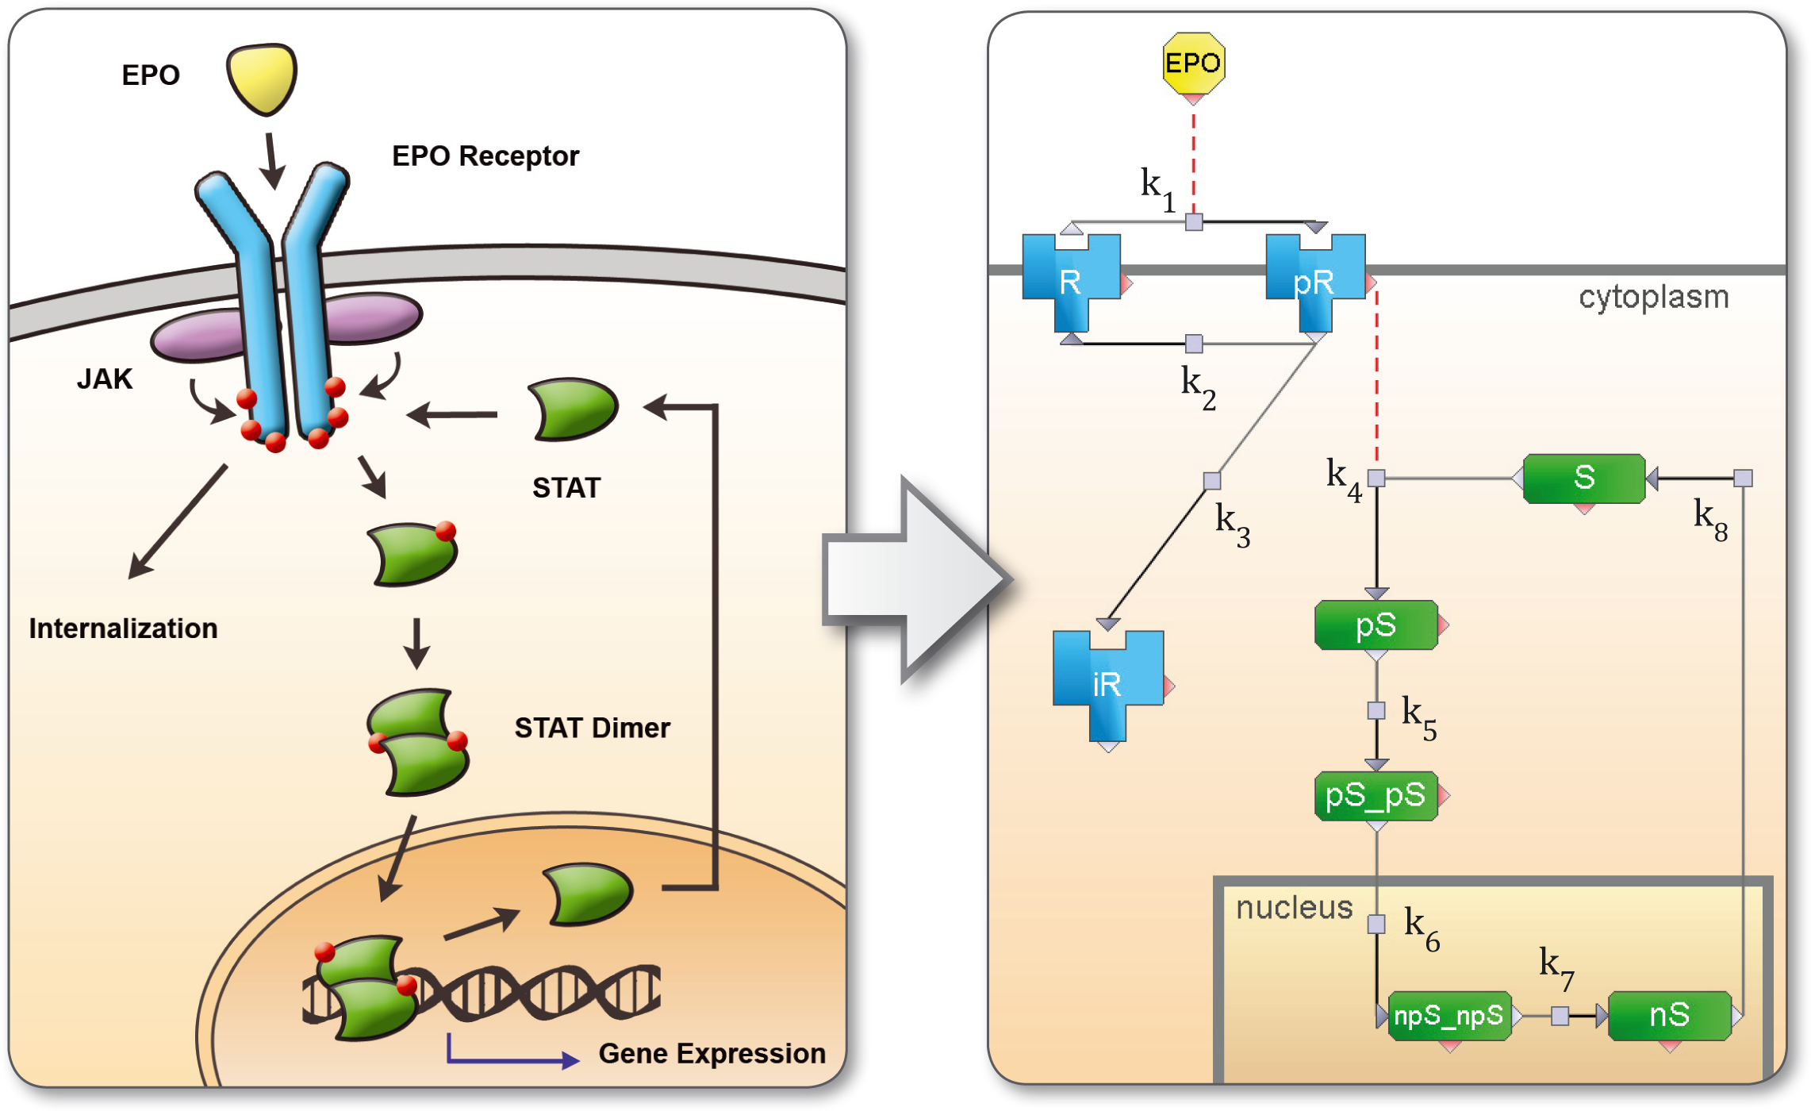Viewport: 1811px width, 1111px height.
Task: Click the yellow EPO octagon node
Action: pyautogui.click(x=1193, y=63)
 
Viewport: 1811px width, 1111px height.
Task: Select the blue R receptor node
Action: pyautogui.click(x=1071, y=281)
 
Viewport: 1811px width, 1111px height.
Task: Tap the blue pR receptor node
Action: pyautogui.click(x=1314, y=281)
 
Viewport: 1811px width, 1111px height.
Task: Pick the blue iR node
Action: pyautogui.click(x=1107, y=683)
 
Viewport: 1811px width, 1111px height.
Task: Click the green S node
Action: pyautogui.click(x=1584, y=478)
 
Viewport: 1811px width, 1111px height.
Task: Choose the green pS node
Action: pyautogui.click(x=1376, y=625)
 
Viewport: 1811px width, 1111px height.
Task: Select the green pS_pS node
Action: pyautogui.click(x=1376, y=795)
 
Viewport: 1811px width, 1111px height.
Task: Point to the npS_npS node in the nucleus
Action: pyautogui.click(x=1448, y=1016)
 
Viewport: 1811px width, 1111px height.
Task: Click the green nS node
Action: pyautogui.click(x=1669, y=1016)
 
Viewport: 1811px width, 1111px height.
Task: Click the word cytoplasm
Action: pyautogui.click(x=1653, y=297)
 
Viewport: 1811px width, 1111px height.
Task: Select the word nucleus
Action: pyautogui.click(x=1294, y=907)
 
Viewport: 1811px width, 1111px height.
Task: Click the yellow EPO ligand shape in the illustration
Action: pyautogui.click(x=262, y=78)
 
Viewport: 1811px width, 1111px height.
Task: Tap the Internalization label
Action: pyautogui.click(x=123, y=629)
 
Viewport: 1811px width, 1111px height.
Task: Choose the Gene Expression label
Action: pyautogui.click(x=712, y=1053)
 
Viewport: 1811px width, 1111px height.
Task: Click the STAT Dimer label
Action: pyautogui.click(x=592, y=728)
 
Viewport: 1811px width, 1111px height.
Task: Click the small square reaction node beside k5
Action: pyautogui.click(x=1376, y=710)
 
